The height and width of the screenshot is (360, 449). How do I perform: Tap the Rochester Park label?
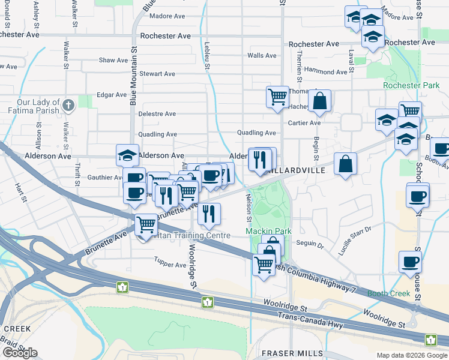[411, 86]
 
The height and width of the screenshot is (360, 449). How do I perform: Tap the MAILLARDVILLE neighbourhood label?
[298, 170]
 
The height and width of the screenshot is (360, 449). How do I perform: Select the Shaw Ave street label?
[113, 61]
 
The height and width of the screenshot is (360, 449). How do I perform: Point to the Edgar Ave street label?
[112, 95]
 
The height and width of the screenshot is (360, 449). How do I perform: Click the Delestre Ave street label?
[157, 114]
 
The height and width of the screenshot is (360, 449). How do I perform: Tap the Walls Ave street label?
[262, 56]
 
